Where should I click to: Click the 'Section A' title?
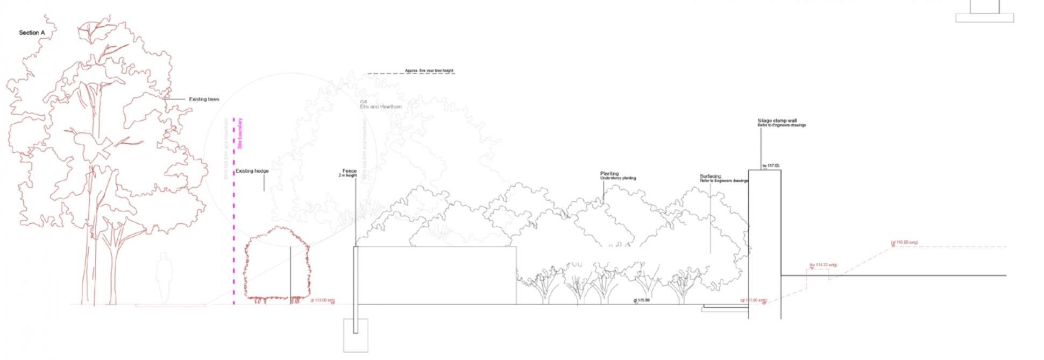[32, 33]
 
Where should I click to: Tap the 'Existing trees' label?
[204, 100]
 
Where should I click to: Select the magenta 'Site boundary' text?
[240, 133]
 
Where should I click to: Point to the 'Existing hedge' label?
[252, 171]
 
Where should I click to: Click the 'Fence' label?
[350, 171]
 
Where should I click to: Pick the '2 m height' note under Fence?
[348, 175]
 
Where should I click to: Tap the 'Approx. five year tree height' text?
[429, 70]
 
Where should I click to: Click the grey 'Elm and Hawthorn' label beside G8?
[381, 107]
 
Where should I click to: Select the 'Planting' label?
[609, 174]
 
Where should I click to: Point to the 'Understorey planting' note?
[618, 178]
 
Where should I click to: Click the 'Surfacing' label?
[710, 177]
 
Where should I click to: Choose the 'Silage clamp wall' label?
[777, 121]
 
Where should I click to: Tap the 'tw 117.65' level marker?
[770, 166]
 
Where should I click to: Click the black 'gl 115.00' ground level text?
[641, 300]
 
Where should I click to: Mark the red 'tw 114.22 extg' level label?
[823, 265]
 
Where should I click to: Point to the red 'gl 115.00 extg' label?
[904, 243]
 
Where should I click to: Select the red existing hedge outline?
[277, 264]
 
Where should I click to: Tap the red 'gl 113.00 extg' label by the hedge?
[323, 300]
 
